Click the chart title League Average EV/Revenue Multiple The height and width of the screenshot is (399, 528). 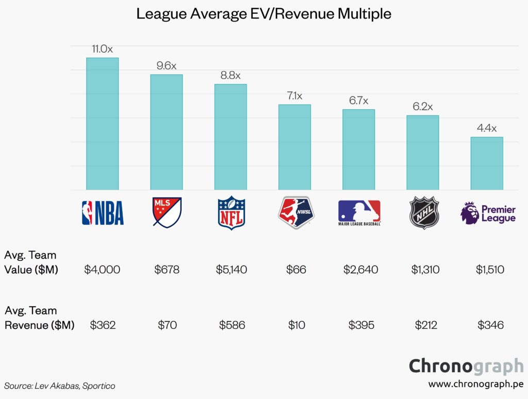tap(263, 14)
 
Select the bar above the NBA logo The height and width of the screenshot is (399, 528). tap(102, 124)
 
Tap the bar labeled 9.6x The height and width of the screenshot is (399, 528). tap(166, 132)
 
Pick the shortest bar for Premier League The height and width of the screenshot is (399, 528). tap(487, 163)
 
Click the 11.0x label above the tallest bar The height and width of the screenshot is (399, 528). tap(102, 49)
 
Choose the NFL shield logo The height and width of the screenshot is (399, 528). tap(231, 212)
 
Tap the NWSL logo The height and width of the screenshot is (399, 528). tap(294, 212)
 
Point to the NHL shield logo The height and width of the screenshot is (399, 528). tap(423, 212)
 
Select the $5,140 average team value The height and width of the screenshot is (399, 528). tap(230, 269)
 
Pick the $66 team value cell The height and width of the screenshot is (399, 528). tap(294, 269)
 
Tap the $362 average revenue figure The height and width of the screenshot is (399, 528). tap(102, 325)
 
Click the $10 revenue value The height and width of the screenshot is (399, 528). tap(294, 325)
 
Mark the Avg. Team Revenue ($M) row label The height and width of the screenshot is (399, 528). tap(39, 318)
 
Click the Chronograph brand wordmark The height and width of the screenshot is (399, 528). tap(466, 366)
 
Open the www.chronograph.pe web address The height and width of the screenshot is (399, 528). tap(475, 385)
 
